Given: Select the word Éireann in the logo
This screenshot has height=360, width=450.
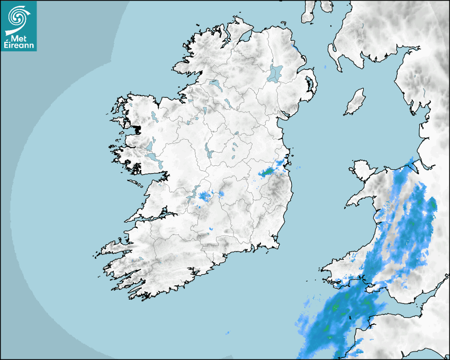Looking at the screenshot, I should [19, 45].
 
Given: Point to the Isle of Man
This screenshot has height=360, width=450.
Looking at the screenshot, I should [355, 102].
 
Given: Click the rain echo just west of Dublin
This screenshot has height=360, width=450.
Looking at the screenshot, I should [267, 172].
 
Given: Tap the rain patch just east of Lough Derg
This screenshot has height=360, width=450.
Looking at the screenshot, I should [205, 196].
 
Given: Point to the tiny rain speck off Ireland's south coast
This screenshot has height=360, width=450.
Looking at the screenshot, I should [228, 333].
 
